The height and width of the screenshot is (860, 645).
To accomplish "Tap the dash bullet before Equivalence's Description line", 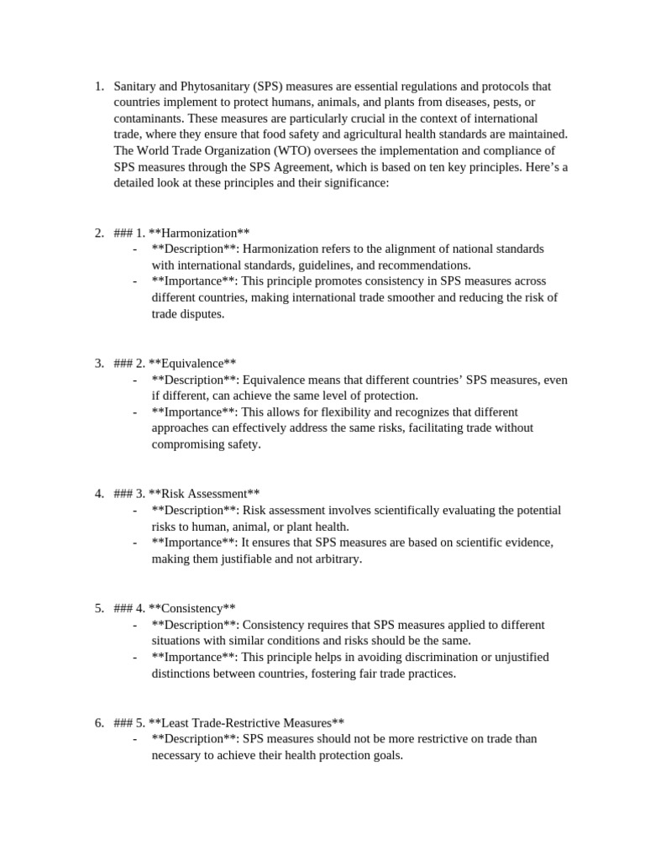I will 135,380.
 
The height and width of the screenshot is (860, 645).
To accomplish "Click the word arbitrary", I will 336,558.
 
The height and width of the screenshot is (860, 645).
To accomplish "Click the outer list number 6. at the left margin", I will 98,722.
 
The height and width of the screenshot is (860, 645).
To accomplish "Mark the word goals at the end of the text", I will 385,754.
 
